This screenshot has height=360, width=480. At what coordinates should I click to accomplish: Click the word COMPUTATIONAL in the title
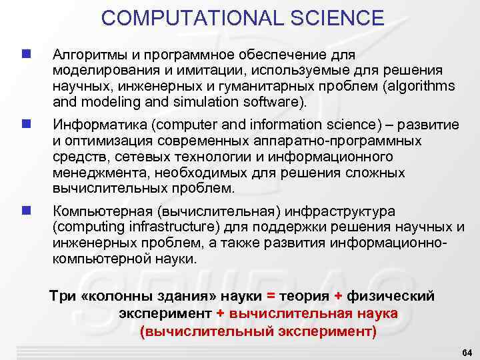[x=189, y=18]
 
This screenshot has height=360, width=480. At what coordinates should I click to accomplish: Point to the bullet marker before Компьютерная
[x=25, y=211]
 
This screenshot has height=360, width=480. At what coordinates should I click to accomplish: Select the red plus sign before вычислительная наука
[x=221, y=313]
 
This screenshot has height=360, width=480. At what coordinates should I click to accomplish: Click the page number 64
[x=466, y=351]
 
